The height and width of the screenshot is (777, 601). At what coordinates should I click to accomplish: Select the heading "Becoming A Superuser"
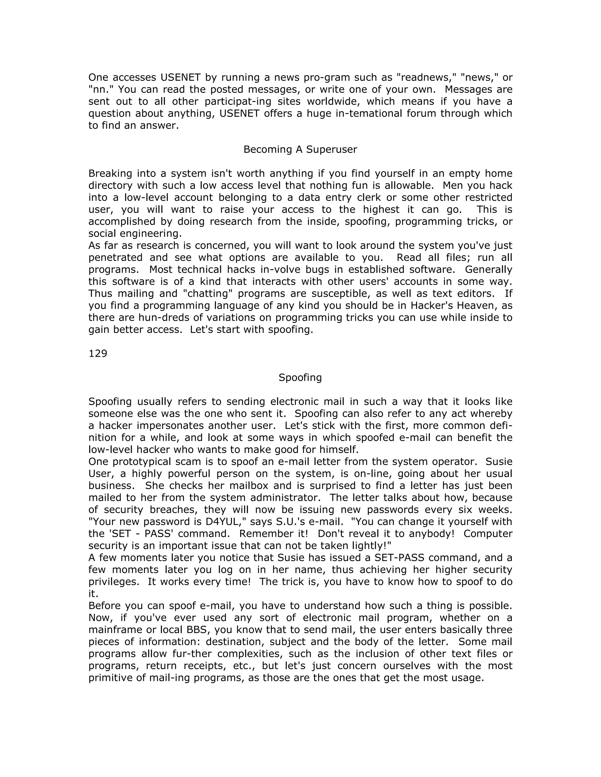click(x=300, y=150)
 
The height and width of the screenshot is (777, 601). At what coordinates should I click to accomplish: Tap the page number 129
click(x=98, y=353)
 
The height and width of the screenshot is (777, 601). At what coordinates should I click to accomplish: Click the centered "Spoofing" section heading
click(x=300, y=377)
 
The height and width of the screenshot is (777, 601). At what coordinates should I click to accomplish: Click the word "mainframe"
click(x=114, y=630)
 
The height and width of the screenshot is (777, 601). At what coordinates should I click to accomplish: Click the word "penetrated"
click(x=115, y=257)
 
